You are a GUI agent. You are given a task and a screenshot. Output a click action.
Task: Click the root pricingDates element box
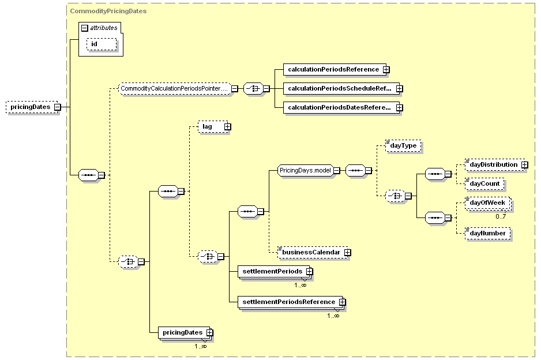tap(33, 107)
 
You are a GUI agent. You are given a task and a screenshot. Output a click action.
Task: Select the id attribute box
tap(102, 44)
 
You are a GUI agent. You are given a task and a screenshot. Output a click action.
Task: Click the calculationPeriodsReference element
tap(336, 69)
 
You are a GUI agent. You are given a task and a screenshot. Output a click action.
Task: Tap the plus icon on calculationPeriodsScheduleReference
tap(399, 89)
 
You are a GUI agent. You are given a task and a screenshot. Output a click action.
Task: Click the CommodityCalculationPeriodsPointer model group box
tap(174, 89)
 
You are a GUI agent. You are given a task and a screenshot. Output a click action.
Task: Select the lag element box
tap(214, 127)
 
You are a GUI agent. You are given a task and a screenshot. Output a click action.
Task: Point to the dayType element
tap(403, 145)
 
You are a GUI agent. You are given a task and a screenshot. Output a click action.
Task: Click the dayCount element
tap(484, 183)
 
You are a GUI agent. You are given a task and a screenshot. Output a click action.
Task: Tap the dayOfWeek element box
tap(487, 203)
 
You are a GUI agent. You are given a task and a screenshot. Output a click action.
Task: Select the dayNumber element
tap(487, 233)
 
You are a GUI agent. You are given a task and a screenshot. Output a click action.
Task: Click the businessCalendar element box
tap(314, 252)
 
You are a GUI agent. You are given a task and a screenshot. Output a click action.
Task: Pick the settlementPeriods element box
tap(275, 272)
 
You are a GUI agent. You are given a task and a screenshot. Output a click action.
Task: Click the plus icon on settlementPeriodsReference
tap(342, 302)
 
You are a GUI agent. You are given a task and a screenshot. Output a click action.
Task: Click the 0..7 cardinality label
tap(501, 216)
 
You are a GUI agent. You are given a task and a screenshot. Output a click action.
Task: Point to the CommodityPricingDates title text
tap(108, 11)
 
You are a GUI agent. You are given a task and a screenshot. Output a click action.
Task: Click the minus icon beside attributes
tap(85, 28)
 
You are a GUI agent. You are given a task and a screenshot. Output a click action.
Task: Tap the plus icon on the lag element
tap(227, 127)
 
